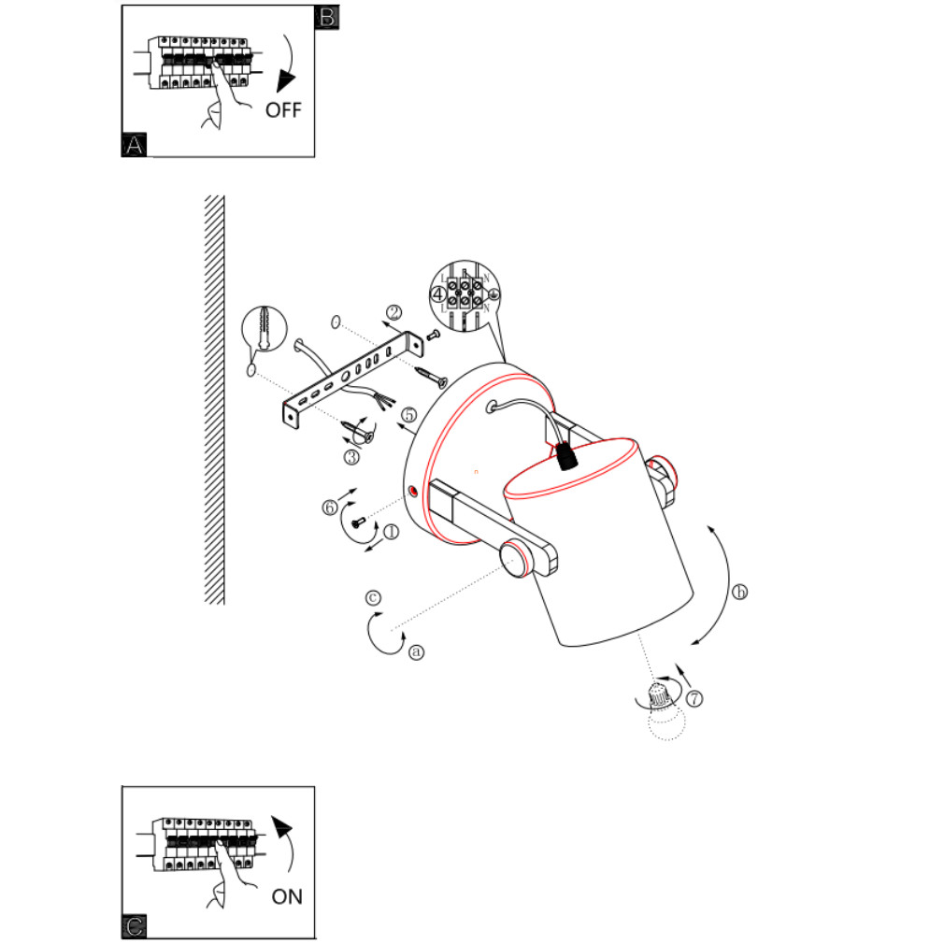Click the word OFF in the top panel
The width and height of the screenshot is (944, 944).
[283, 110]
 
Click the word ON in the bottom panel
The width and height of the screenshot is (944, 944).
[287, 896]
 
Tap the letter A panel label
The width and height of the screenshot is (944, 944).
[135, 145]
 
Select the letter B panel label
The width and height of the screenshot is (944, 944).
[327, 17]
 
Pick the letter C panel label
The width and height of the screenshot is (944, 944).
[135, 926]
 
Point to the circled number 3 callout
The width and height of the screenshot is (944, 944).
[351, 457]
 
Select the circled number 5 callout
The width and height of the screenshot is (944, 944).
[408, 414]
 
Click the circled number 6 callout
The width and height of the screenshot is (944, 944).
[329, 507]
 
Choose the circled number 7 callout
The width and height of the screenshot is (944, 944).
[694, 698]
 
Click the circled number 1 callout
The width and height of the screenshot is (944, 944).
[391, 531]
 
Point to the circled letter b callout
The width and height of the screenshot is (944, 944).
[740, 593]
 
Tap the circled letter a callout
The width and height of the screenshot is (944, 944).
[417, 651]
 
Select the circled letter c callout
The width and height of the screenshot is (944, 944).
[373, 596]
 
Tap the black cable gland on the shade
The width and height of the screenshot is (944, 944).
[564, 455]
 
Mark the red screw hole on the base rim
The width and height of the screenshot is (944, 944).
[413, 490]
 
